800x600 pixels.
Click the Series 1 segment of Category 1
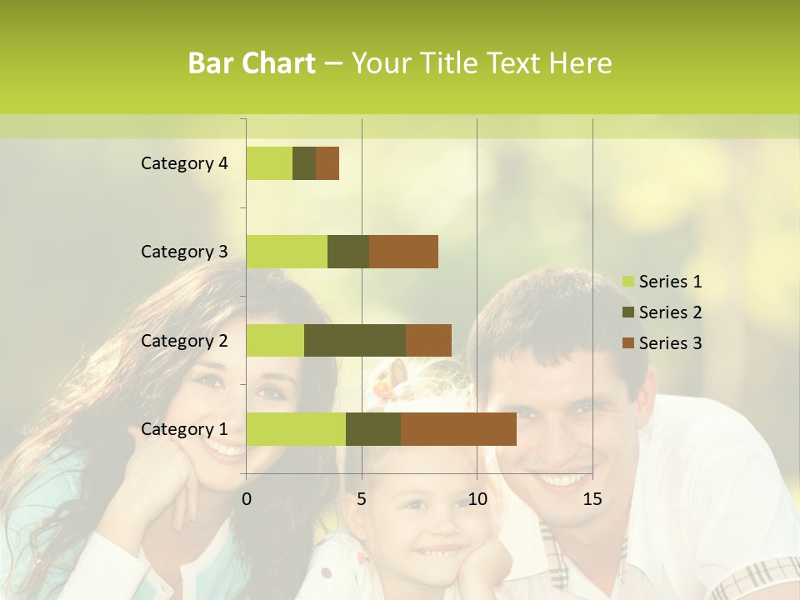pos(296,429)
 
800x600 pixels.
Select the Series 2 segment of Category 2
pos(355,340)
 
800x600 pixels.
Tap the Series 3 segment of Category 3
pos(403,252)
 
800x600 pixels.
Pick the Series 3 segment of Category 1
pos(458,429)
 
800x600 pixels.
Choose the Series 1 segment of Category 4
pos(269,163)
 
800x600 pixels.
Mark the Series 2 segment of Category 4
pos(304,163)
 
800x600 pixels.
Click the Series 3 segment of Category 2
pos(428,340)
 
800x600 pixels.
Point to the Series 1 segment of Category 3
pos(287,252)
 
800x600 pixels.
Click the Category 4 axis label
pos(184,163)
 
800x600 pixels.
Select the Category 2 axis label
pos(184,340)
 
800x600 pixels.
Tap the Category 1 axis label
pos(184,429)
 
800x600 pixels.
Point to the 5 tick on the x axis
pos(362,499)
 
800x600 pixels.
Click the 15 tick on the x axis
pos(592,499)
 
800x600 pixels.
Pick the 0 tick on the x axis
pos(247,499)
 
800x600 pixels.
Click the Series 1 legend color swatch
pos(627,282)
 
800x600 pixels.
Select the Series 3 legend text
pos(670,343)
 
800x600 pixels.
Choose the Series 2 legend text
pos(670,312)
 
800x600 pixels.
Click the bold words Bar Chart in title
pos(252,63)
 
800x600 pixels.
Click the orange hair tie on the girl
pos(383,387)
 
